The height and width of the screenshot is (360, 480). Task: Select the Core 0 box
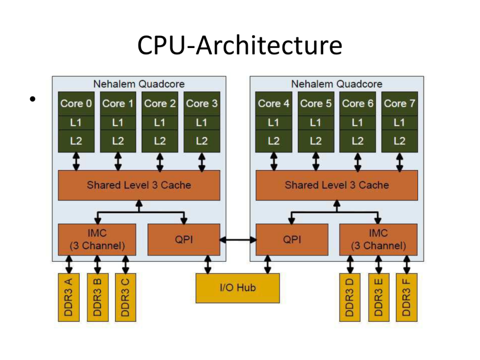pos(76,104)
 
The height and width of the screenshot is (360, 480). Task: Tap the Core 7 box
pos(399,104)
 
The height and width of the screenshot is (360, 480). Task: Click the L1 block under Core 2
pos(160,122)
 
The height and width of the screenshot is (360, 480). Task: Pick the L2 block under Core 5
pos(316,141)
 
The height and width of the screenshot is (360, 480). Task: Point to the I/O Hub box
pos(238,288)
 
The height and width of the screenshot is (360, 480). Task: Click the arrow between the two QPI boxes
pos(238,240)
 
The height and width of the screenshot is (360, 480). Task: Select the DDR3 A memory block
pos(69,297)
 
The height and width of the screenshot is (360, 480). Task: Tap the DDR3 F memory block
pos(406,297)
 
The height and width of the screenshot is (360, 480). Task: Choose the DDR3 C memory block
pos(125,297)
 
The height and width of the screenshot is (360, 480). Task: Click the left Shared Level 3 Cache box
pos(139,185)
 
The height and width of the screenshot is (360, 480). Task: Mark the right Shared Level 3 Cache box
pos(336,185)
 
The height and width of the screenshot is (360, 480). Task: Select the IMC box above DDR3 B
pos(97,240)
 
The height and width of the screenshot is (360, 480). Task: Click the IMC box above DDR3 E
pos(378,240)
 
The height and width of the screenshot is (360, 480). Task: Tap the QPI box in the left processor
pos(184,240)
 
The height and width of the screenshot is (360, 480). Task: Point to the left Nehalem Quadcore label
pos(139,84)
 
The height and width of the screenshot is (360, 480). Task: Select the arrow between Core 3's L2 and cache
pos(202,161)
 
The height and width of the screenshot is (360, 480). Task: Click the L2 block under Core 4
pos(274,141)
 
